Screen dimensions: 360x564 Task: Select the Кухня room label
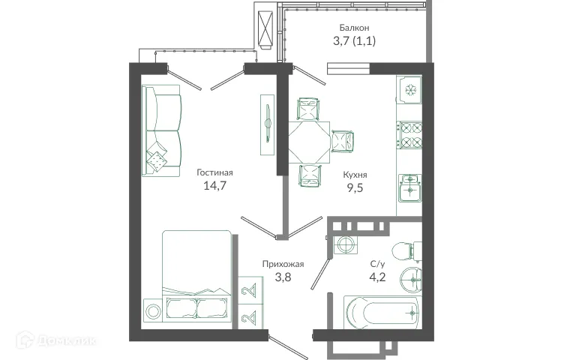[355, 174]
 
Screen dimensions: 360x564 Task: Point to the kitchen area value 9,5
[355, 188]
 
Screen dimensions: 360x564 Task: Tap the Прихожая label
[283, 263]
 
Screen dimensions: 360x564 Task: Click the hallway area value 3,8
[283, 277]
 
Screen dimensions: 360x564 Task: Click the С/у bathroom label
[379, 263]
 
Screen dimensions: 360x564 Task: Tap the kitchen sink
[409, 187]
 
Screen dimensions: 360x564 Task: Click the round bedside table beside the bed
[153, 310]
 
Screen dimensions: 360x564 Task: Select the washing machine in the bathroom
[345, 244]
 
